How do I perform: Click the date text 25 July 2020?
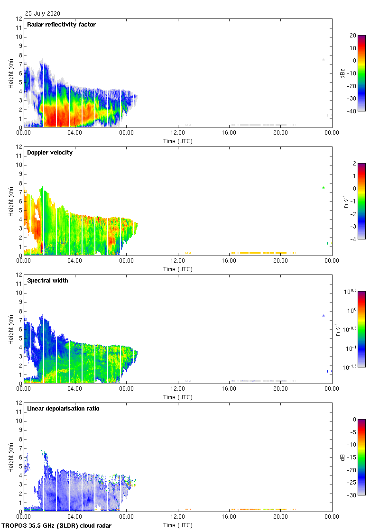[43, 14]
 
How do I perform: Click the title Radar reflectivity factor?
[61, 25]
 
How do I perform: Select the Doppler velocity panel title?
[50, 153]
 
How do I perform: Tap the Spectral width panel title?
[47, 281]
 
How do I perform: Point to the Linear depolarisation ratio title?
[63, 409]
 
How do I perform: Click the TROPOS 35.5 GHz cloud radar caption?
[57, 525]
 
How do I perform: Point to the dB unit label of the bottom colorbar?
[342, 457]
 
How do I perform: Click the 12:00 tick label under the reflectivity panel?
[177, 133]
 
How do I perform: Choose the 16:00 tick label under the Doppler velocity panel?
[229, 261]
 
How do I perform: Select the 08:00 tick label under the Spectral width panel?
[126, 389]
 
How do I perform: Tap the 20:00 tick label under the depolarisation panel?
[280, 517]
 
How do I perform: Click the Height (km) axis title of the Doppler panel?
[11, 201]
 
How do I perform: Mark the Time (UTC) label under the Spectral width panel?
[177, 397]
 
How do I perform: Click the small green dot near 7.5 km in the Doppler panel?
[323, 188]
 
